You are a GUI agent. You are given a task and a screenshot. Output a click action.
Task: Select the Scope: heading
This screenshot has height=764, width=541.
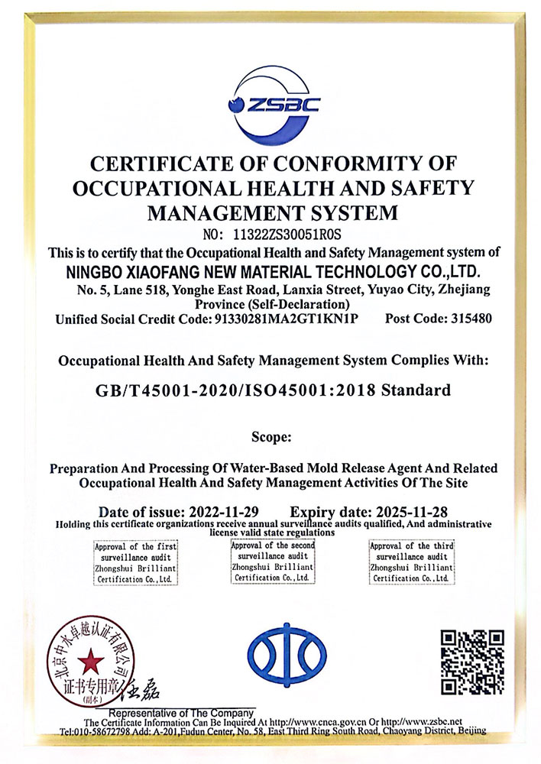pyautogui.click(x=271, y=437)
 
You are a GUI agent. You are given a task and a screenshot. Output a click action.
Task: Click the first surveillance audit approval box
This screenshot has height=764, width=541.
pyautogui.click(x=136, y=563)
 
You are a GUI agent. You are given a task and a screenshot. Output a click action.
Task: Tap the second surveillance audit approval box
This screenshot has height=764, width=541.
pyautogui.click(x=273, y=561)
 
